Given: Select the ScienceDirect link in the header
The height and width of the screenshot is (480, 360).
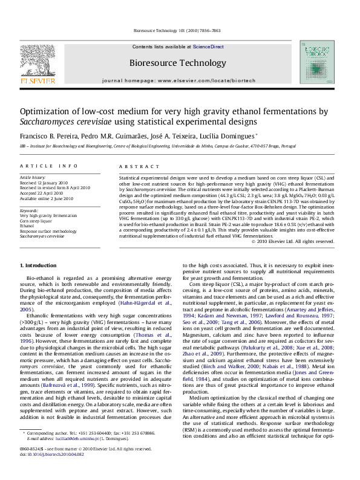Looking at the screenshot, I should (x=208, y=47).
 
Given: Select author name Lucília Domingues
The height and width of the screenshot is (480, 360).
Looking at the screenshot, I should (x=227, y=136).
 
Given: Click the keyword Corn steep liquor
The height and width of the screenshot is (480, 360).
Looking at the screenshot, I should (x=36, y=220).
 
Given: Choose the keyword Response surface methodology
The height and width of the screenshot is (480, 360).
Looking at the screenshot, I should (x=48, y=231).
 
